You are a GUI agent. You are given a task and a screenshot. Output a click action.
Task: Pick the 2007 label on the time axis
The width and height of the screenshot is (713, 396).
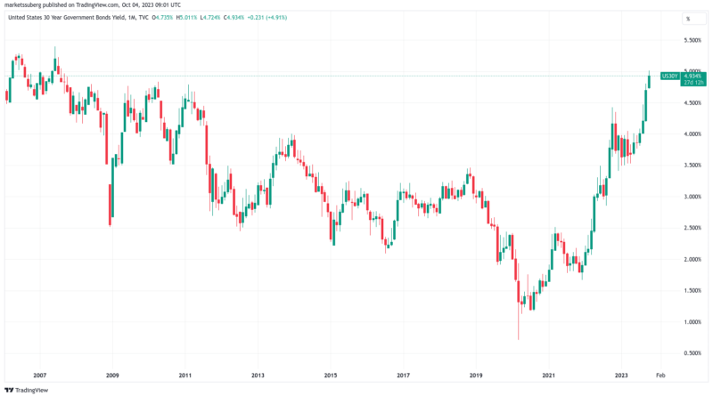click(x=40, y=377)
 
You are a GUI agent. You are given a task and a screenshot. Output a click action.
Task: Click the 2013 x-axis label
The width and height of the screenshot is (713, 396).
click(x=257, y=377)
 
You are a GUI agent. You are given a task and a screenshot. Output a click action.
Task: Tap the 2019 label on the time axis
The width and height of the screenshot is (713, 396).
click(x=476, y=377)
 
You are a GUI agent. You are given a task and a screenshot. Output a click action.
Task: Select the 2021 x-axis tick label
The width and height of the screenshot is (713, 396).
click(x=549, y=377)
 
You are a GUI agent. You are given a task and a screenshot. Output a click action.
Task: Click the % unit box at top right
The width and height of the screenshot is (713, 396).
click(x=687, y=18)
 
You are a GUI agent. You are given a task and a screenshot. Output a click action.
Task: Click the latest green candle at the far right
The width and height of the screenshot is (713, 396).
click(x=649, y=81)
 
